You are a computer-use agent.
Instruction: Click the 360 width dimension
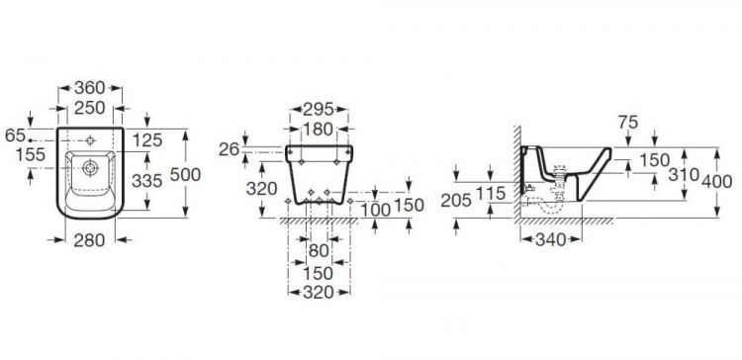coord(90,87)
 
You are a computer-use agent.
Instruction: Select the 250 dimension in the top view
coord(90,108)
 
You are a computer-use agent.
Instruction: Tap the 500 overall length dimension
coord(185,174)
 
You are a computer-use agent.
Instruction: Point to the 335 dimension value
coord(147,180)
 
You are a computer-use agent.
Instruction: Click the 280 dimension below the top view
coord(89,240)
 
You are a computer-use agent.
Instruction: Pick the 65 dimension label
coord(15,135)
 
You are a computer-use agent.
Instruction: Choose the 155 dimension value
coord(31,154)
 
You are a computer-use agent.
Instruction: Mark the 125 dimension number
coord(147,140)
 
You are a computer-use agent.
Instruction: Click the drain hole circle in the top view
coord(90,168)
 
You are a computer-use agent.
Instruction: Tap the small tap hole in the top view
coord(90,140)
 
